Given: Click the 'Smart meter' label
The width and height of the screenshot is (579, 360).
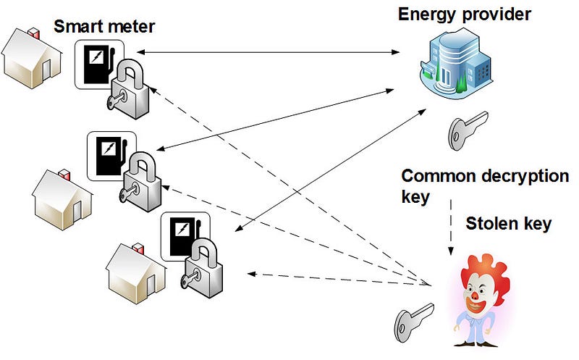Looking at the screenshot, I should (104, 28).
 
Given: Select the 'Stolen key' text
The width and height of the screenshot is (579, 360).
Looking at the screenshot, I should (508, 223).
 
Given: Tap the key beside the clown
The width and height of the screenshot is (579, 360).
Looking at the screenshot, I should (413, 319).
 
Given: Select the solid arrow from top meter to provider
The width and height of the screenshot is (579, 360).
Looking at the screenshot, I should (268, 52).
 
